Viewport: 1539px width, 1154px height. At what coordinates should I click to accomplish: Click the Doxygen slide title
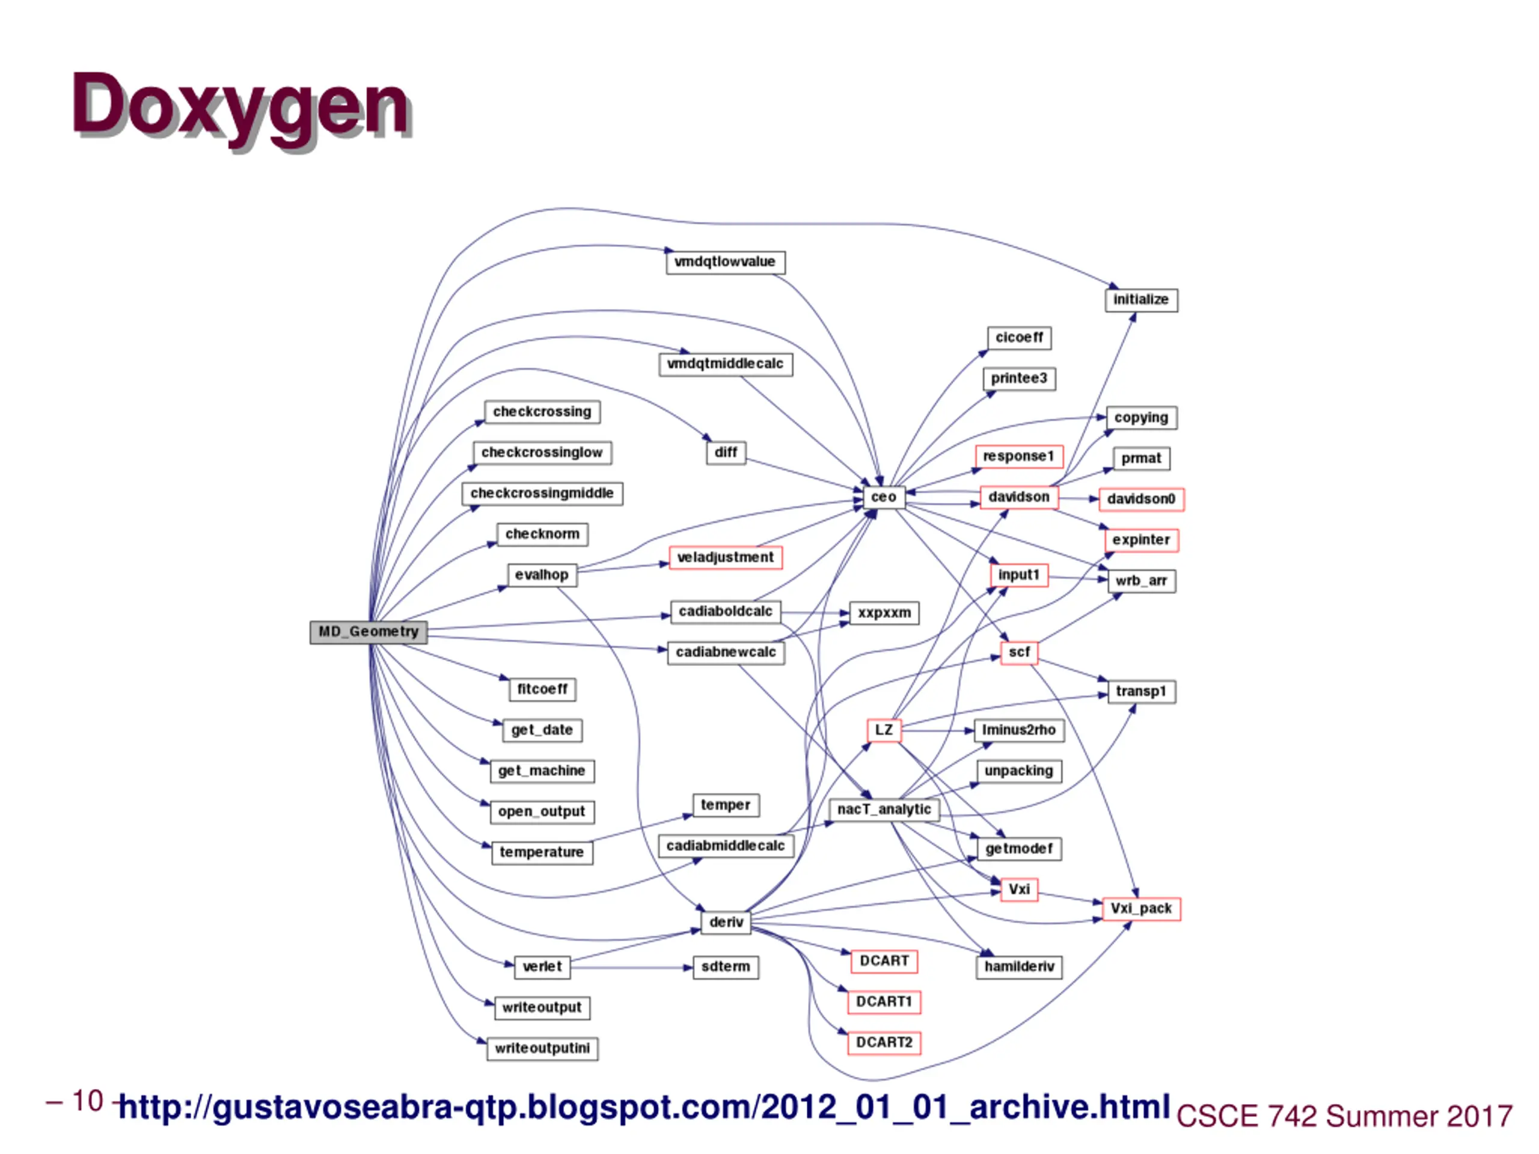click(x=240, y=106)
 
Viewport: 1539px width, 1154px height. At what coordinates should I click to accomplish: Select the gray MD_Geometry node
click(x=368, y=632)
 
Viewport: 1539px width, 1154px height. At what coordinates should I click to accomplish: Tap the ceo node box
click(x=884, y=497)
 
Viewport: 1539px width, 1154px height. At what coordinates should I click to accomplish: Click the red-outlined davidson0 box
click(x=1141, y=499)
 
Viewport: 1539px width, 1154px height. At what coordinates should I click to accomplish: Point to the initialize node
click(x=1141, y=300)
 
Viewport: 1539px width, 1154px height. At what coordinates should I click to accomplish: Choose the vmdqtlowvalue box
click(x=725, y=262)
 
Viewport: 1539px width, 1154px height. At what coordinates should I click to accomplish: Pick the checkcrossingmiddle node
click(x=542, y=494)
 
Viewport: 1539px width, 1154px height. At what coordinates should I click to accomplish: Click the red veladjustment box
click(x=725, y=558)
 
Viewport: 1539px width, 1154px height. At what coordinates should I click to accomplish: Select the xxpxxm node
click(x=884, y=613)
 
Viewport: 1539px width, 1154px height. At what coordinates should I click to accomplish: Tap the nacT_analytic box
click(x=884, y=810)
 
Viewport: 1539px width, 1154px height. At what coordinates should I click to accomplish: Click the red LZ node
click(x=884, y=730)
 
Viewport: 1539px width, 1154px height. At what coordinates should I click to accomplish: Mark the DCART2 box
click(x=884, y=1043)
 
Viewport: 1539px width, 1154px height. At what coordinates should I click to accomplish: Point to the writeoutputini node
click(x=542, y=1048)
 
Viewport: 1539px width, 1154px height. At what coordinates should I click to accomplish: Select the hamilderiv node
click(x=1018, y=967)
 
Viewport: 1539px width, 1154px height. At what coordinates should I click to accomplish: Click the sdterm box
click(x=725, y=967)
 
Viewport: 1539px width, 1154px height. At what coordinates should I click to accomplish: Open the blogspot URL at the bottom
click(x=644, y=1107)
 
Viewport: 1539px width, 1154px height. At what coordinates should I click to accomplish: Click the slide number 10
click(x=88, y=1101)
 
